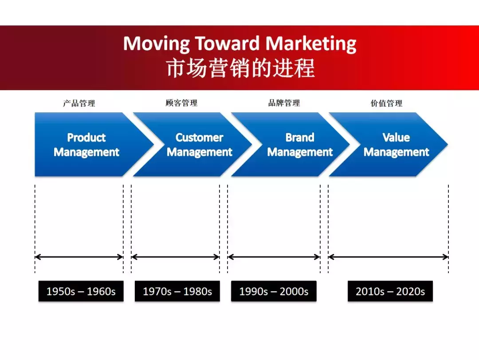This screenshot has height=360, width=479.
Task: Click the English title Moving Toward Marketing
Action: [239, 44]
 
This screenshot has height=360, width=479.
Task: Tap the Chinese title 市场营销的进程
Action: [240, 68]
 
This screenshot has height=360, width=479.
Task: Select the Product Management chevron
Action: [86, 145]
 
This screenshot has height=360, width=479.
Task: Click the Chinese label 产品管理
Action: [79, 103]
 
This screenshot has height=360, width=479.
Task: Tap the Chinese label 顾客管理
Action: [181, 103]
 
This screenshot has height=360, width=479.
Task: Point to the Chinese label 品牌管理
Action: [284, 103]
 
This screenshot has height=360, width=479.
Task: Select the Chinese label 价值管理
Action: [386, 103]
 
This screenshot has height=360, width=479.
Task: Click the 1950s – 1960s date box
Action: [81, 291]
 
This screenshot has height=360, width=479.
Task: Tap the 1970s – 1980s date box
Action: [177, 291]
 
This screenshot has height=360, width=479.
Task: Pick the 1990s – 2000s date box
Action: [274, 291]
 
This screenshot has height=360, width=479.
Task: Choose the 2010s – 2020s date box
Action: [390, 291]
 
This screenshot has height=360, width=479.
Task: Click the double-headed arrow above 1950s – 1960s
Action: [79, 257]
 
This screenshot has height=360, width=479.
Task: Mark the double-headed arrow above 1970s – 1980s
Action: [175, 257]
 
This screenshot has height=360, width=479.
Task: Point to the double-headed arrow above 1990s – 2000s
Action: [274, 257]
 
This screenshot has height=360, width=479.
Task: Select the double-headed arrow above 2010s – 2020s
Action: [388, 257]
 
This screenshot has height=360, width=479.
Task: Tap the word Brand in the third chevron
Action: [300, 138]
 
